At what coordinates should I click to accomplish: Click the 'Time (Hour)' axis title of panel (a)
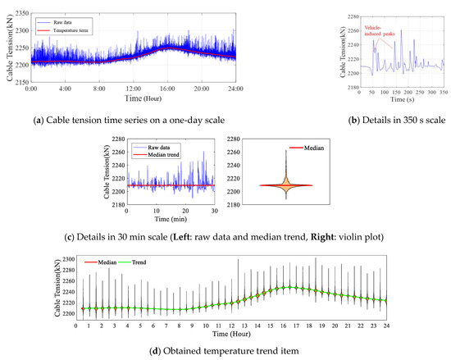(135, 98)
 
